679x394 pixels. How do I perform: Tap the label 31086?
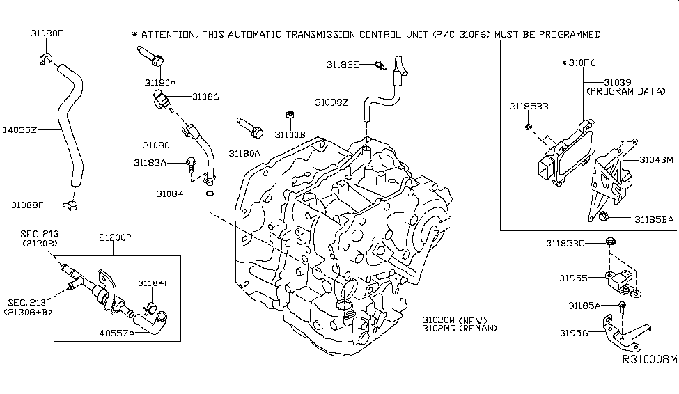pyautogui.click(x=205, y=97)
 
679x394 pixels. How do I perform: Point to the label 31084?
pyautogui.click(x=170, y=194)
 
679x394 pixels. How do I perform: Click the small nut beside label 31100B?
pyautogui.click(x=287, y=114)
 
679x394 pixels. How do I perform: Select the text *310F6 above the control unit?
pyautogui.click(x=579, y=63)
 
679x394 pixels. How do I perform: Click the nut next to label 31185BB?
pyautogui.click(x=529, y=127)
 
